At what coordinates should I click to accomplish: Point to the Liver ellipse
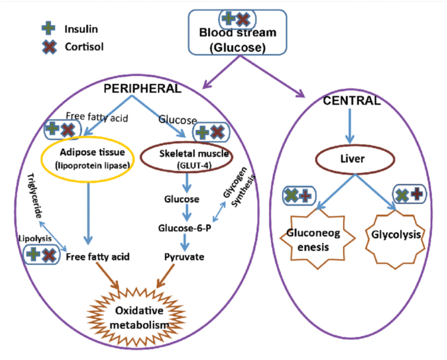tap(356, 159)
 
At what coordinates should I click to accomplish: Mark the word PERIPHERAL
tap(143, 88)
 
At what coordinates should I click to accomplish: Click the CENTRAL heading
tap(352, 101)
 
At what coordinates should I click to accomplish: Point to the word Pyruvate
tap(184, 257)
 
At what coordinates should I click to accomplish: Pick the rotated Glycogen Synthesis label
tap(241, 195)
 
